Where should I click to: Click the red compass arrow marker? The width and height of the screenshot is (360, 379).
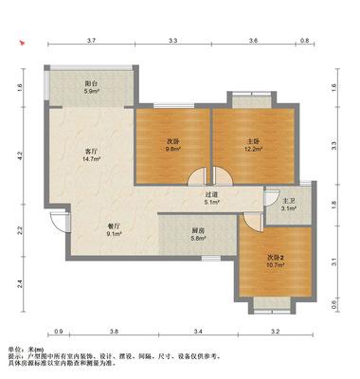[22, 43]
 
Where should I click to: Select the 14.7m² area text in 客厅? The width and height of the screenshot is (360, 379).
[92, 159]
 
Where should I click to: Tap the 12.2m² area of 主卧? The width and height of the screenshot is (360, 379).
[254, 149]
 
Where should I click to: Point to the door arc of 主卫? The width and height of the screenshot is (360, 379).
[271, 198]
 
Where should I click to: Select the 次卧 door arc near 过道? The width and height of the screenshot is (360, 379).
[197, 176]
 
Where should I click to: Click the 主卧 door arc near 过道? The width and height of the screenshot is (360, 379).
[224, 176]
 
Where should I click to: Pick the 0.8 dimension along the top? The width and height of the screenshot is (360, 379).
[304, 41]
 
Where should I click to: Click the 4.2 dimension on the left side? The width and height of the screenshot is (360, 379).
[20, 155]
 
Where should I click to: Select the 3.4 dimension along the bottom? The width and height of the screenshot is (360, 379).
[198, 332]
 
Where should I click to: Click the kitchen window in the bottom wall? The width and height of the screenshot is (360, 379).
[211, 259]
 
